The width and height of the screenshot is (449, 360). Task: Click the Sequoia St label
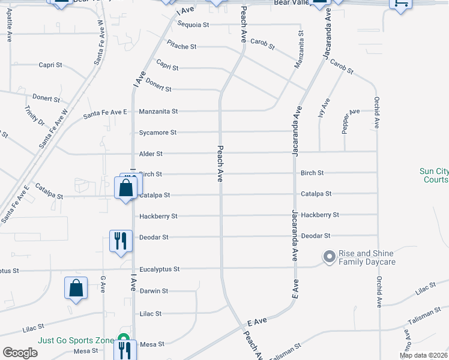pos(193,25)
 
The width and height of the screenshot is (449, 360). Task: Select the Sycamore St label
pos(158,133)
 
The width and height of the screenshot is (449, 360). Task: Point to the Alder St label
pos(151,154)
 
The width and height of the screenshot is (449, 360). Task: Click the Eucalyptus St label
pos(159,269)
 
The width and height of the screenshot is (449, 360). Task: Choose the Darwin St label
pos(154,291)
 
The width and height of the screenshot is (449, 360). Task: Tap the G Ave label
pos(103,281)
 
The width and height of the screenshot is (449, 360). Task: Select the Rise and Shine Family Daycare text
pos(367,257)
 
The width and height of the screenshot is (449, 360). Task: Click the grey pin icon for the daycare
pos(329,257)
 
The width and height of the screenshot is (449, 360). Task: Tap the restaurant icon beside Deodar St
pos(119,241)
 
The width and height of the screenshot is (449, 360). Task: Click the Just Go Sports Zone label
pos(76,340)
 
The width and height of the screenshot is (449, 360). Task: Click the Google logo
pos(20,353)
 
